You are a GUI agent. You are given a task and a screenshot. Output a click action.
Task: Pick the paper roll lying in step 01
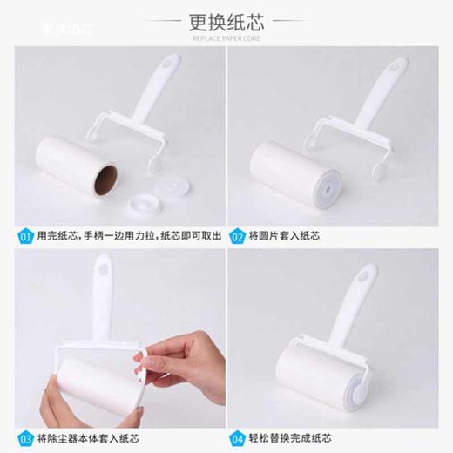[74, 167]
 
